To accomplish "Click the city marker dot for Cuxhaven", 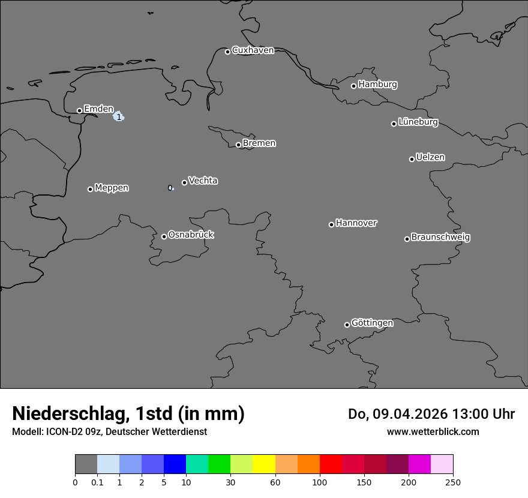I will click(x=227, y=52).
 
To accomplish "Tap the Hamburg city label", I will click(x=377, y=85).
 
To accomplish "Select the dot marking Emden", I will click(x=79, y=110).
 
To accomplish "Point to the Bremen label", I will click(x=259, y=143).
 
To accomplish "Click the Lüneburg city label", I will click(x=418, y=122).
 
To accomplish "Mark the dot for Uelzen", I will click(x=412, y=159).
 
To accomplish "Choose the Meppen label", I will click(x=112, y=188).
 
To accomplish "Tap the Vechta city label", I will click(x=203, y=181).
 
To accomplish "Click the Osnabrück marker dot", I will click(x=164, y=236).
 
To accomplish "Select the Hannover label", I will click(x=356, y=223).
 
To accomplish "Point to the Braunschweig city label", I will click(x=440, y=238).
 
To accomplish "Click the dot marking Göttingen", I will click(x=347, y=325).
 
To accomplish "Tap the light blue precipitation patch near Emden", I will click(x=119, y=116).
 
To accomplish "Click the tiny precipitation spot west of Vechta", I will click(x=170, y=188).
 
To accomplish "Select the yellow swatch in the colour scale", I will click(x=264, y=464).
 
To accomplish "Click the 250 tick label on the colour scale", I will click(x=453, y=482).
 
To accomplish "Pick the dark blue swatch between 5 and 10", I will click(x=175, y=464).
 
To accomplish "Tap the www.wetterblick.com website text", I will click(x=433, y=431).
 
